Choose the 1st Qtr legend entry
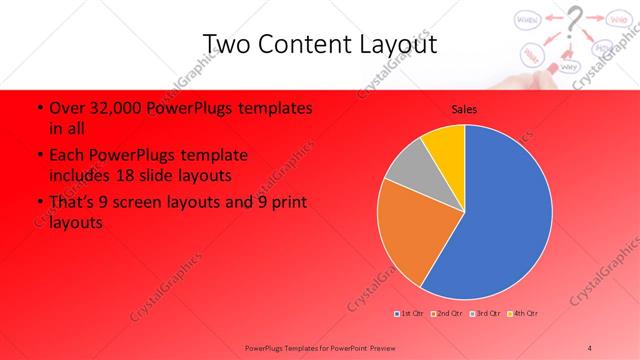click(x=410, y=313)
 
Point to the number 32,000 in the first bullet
click(x=110, y=108)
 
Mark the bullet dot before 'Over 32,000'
click(x=38, y=108)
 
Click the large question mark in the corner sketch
click(x=574, y=20)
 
